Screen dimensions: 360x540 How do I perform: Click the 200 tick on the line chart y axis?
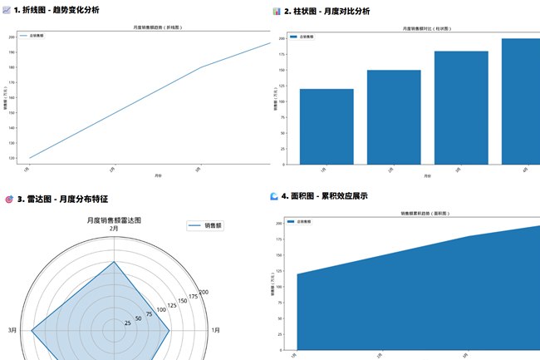12,37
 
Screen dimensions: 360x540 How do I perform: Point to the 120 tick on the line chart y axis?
12,158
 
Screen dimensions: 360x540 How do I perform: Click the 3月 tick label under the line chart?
198,169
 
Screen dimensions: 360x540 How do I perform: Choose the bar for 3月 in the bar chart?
461,107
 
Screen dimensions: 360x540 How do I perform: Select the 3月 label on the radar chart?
12,330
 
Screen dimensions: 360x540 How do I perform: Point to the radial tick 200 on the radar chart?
204,292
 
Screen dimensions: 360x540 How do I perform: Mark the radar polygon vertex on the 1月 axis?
170,330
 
